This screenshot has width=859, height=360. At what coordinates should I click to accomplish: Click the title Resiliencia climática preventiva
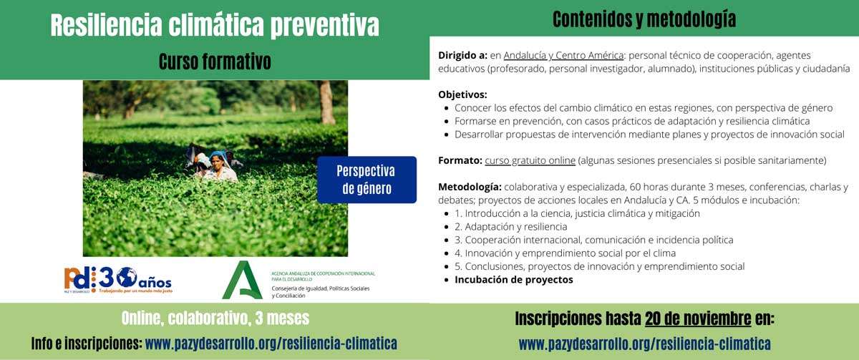click(215, 26)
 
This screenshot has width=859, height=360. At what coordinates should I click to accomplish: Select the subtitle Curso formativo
click(215, 62)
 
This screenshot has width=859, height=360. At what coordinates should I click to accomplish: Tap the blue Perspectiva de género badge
click(367, 180)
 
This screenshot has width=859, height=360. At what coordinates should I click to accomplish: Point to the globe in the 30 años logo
click(127, 277)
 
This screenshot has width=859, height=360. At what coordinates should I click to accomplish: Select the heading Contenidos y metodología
click(644, 19)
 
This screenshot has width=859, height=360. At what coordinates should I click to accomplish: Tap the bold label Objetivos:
click(462, 94)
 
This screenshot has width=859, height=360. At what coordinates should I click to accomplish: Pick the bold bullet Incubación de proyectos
click(513, 279)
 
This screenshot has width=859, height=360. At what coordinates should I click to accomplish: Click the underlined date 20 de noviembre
click(698, 318)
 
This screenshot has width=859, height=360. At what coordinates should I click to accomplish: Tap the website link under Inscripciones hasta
click(644, 344)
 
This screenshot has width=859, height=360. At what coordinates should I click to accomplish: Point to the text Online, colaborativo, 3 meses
click(215, 318)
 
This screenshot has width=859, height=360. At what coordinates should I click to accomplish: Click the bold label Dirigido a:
click(462, 55)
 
